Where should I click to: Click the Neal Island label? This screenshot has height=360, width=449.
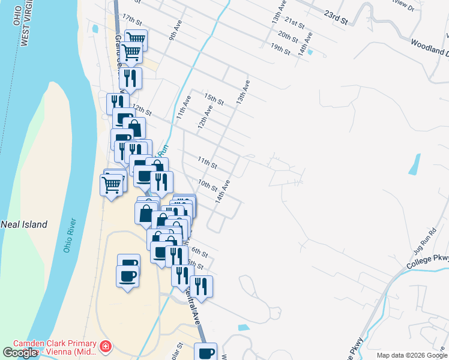pyautogui.click(x=24, y=224)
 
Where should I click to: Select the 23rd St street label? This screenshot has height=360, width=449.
pyautogui.click(x=336, y=16)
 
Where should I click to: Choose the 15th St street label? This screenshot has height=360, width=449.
pyautogui.click(x=214, y=99)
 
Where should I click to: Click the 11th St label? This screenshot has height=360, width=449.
pyautogui.click(x=207, y=162)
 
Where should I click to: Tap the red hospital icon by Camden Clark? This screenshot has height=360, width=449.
pyautogui.click(x=106, y=346)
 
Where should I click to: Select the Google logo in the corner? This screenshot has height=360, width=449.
pyautogui.click(x=20, y=353)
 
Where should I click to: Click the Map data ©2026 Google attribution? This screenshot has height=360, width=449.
pyautogui.click(x=412, y=355)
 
